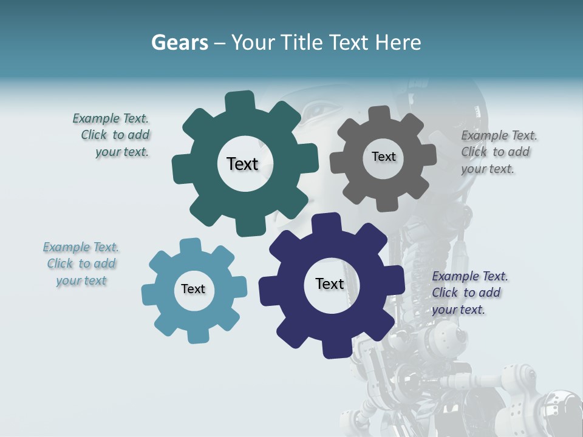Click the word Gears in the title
coord(179,43)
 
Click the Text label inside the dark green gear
coord(242,164)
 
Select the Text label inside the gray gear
coord(383,157)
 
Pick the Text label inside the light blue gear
coord(193,289)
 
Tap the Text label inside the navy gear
coord(330,283)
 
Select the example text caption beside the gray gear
coord(498,152)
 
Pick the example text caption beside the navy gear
coord(469,293)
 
